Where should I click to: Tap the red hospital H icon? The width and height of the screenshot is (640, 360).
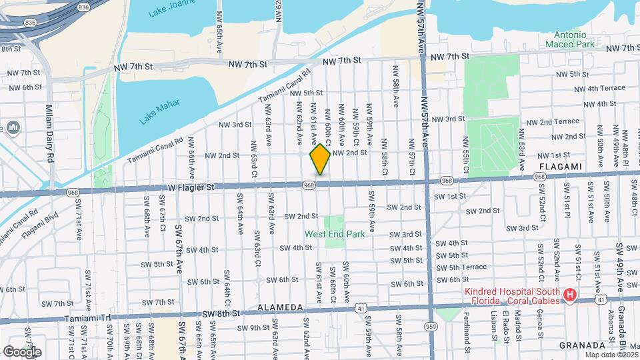coord(569,295)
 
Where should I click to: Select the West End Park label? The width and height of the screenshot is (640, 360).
coord(335,235)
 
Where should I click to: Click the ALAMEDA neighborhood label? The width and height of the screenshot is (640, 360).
coord(281,308)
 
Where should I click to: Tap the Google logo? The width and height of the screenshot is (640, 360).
coord(22,351)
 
